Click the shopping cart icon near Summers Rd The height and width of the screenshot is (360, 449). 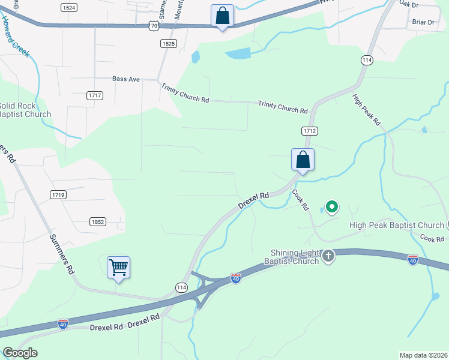(x=119, y=267)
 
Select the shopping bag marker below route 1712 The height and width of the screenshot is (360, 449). (x=303, y=160)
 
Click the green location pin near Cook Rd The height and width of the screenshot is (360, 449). (x=331, y=207)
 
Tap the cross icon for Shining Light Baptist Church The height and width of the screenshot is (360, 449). (x=328, y=256)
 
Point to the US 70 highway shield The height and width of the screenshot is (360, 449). (x=155, y=26)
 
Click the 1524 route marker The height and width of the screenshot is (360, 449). (x=69, y=7)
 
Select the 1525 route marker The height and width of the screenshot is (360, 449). (x=169, y=44)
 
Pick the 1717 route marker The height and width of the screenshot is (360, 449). (x=95, y=95)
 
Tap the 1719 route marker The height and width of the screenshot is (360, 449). (x=58, y=194)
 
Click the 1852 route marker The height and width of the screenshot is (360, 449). (x=98, y=221)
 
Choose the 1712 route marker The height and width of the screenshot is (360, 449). (x=309, y=130)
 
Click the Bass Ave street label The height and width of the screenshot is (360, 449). (x=126, y=79)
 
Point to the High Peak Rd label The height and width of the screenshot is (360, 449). (x=367, y=110)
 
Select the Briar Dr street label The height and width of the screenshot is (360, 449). (x=423, y=22)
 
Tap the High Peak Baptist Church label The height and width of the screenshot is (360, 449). (x=396, y=225)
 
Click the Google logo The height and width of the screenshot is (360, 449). (x=20, y=353)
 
